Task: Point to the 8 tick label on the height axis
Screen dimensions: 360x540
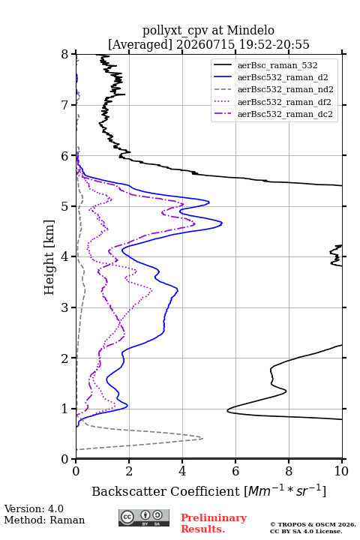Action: pyautogui.click(x=65, y=55)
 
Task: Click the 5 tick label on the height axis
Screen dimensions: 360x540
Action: pyautogui.click(x=65, y=206)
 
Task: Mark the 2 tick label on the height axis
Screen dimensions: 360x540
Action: pyautogui.click(x=65, y=358)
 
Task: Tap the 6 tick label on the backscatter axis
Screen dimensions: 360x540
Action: pyautogui.click(x=235, y=471)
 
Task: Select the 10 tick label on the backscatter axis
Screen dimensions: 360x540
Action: pyautogui.click(x=341, y=471)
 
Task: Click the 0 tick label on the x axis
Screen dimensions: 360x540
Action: pyautogui.click(x=76, y=471)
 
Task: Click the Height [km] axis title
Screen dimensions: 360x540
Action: pyautogui.click(x=49, y=257)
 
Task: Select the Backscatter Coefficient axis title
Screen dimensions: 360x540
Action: pyautogui.click(x=208, y=491)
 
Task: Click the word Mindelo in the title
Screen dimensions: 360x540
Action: pyautogui.click(x=250, y=30)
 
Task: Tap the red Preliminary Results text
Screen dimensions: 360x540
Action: pyautogui.click(x=214, y=523)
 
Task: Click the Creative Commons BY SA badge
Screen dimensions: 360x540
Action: pyautogui.click(x=144, y=518)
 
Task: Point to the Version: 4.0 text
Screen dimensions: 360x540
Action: pyautogui.click(x=34, y=508)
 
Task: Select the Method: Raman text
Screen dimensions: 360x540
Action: pyautogui.click(x=44, y=520)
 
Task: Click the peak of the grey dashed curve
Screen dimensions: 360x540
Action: pyautogui.click(x=202, y=438)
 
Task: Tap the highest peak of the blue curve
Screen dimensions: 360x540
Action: pyautogui.click(x=222, y=223)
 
